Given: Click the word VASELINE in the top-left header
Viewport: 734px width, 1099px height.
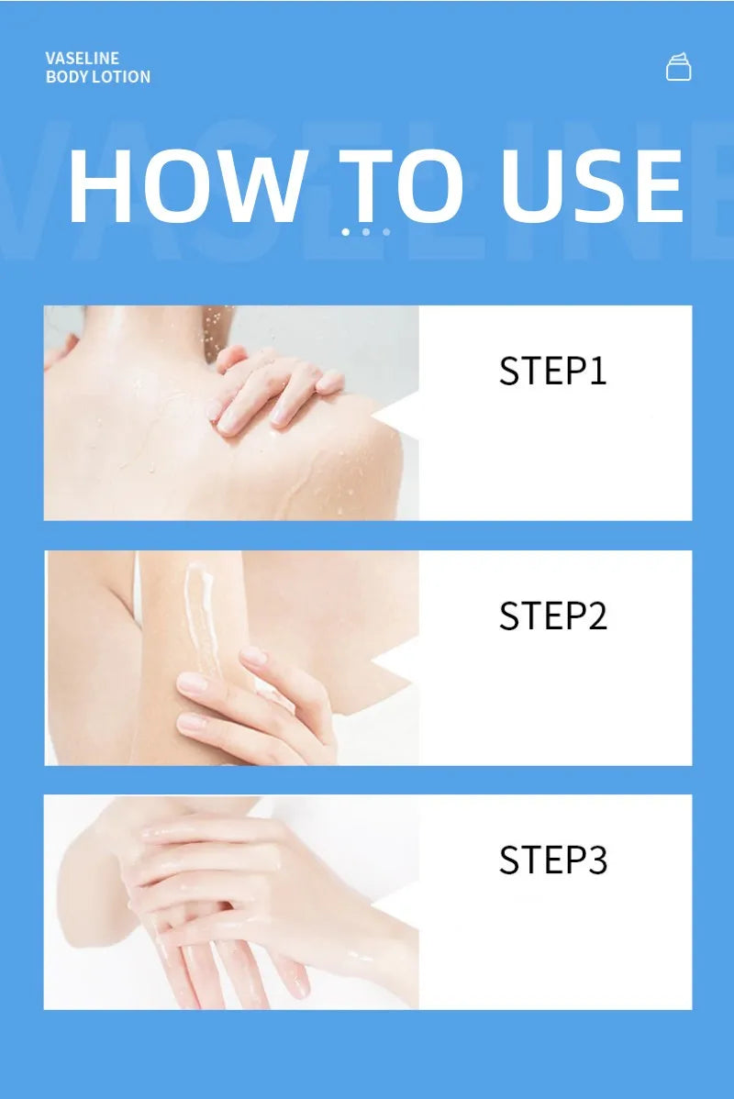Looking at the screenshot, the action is pos(82,58).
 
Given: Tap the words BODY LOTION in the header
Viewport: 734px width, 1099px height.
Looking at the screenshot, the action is pos(98,77).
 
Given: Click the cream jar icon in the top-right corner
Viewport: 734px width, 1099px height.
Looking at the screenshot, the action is pos(678,67).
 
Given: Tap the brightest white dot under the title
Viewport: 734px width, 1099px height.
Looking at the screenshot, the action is pos(346,232).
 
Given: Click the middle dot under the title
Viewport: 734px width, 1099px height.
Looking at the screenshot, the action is pos(366,232).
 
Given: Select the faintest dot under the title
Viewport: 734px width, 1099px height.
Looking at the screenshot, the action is pos(386,232).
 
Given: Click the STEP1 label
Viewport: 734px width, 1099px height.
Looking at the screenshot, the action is pos(552,371).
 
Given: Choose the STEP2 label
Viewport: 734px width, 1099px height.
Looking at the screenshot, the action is pos(552,616).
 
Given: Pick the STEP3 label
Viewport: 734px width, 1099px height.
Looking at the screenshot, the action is pos(552,860).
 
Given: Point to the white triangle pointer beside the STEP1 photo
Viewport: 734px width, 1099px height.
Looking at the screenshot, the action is pos(396,417).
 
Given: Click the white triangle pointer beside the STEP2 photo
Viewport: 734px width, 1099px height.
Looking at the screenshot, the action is pos(396,661).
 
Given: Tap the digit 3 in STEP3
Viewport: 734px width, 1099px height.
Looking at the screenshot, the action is pos(597,860).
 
